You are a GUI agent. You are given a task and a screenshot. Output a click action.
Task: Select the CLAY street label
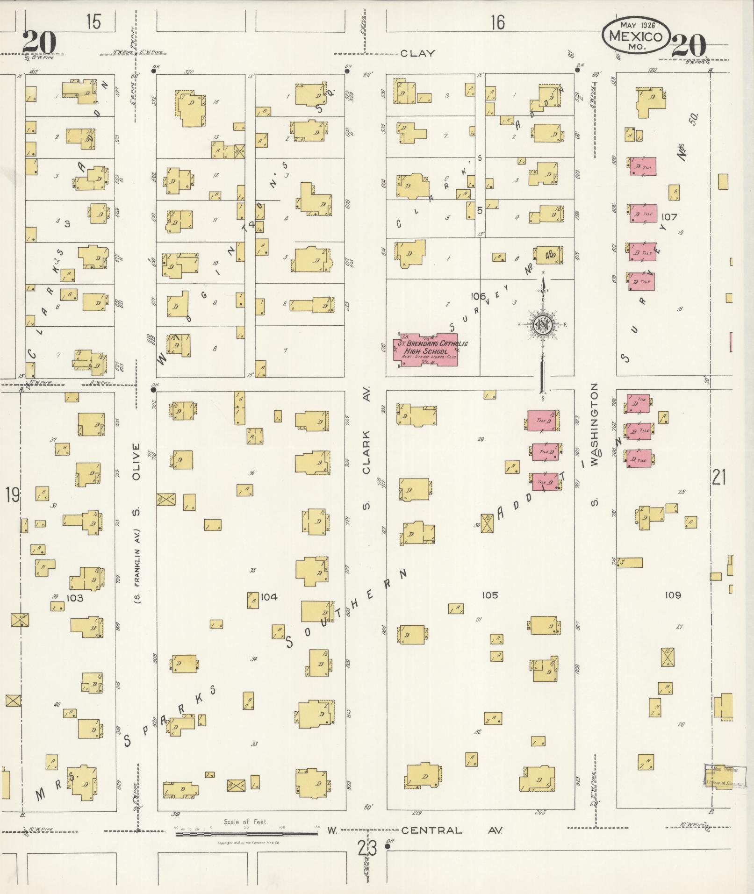tap(417, 53)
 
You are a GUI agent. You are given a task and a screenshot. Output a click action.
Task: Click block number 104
tap(269, 597)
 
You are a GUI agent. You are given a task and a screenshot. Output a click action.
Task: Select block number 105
tap(489, 595)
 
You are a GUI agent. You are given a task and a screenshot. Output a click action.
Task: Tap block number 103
tap(75, 598)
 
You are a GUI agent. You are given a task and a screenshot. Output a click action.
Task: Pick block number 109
tap(673, 595)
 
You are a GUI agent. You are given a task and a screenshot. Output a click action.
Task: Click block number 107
tap(669, 217)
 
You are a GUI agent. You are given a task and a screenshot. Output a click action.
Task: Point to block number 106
tap(479, 296)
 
